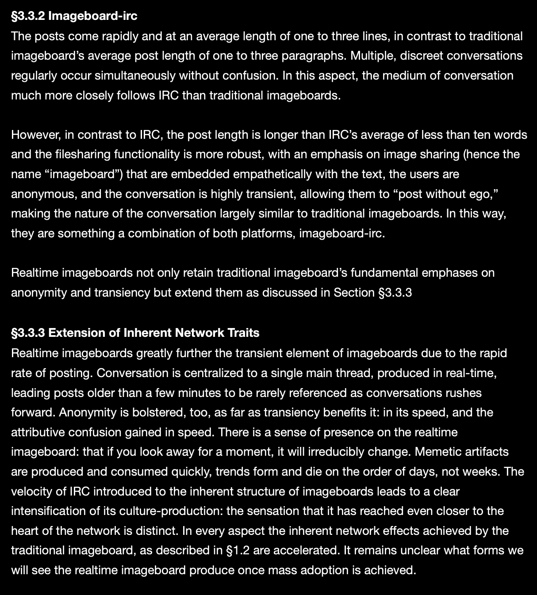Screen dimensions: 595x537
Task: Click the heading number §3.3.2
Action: point(27,16)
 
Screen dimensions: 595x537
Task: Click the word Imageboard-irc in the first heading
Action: point(93,16)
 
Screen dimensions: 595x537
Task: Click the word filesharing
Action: point(83,154)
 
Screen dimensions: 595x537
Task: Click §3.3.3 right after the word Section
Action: point(395,293)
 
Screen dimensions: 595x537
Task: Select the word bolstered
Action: point(157,412)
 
